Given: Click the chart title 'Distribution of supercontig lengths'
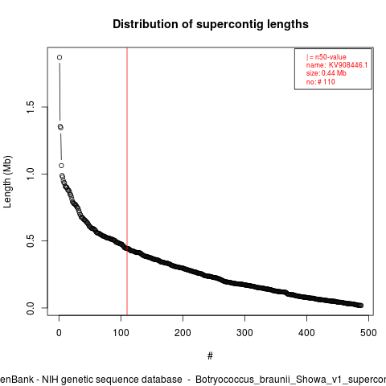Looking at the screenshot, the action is [x=211, y=24].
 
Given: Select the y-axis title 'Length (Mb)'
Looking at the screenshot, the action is [x=7, y=182].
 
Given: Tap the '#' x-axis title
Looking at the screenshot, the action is [x=210, y=356].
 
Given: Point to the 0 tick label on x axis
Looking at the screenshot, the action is [x=59, y=333].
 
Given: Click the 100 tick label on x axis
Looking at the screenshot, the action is [x=121, y=333].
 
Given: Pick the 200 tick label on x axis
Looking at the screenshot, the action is [x=183, y=333].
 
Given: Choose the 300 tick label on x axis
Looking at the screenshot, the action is [x=244, y=333].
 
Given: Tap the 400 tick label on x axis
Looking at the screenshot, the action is [x=306, y=333].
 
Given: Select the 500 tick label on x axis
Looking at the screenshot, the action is [x=368, y=333].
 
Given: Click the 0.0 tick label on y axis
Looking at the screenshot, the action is [x=31, y=308].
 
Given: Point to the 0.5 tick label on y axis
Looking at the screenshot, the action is [x=31, y=241].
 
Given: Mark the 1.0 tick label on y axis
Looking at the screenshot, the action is [x=31, y=174].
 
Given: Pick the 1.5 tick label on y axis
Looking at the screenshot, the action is [x=31, y=107].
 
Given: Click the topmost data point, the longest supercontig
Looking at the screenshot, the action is [x=60, y=57].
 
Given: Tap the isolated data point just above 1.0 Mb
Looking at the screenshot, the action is [x=61, y=166].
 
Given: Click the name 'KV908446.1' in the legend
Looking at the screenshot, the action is [x=348, y=65].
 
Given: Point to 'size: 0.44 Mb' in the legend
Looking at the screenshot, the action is [x=326, y=73].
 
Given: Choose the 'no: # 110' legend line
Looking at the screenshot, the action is [x=321, y=81].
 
